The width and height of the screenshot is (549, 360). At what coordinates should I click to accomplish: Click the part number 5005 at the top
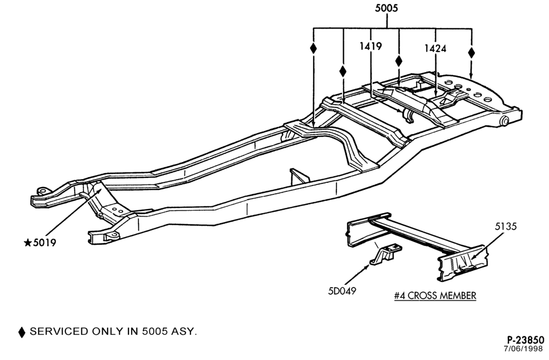[x=386, y=8]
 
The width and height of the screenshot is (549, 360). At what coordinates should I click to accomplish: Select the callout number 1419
[x=371, y=46]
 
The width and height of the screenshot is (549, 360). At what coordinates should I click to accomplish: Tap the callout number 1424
[x=435, y=48]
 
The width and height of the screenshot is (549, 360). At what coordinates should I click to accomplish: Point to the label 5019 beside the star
[x=44, y=243]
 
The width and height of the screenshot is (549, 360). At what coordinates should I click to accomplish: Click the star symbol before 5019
[x=27, y=243]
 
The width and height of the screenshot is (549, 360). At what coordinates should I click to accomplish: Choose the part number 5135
[x=506, y=226]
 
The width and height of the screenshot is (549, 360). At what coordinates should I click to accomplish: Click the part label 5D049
[x=341, y=291]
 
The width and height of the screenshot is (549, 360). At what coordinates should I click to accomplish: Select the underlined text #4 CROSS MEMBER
[x=435, y=296]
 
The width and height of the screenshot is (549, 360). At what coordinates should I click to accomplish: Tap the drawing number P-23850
[x=525, y=340]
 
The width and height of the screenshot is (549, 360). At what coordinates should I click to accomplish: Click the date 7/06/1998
[x=524, y=349]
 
